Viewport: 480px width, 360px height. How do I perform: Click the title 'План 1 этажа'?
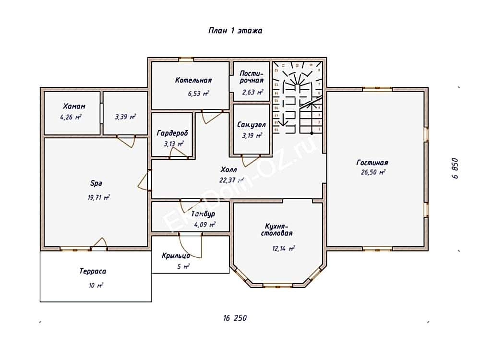pyautogui.click(x=235, y=30)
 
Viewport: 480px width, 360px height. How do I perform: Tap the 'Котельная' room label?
pyautogui.click(x=193, y=80)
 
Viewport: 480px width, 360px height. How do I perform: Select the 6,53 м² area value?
pyautogui.click(x=199, y=94)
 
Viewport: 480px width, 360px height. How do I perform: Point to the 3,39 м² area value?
pyautogui.click(x=125, y=116)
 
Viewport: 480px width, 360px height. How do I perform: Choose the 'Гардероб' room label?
pyautogui.click(x=172, y=133)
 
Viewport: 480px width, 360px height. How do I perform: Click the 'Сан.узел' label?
pyautogui.click(x=252, y=124)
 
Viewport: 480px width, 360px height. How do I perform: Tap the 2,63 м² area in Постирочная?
pyautogui.click(x=252, y=92)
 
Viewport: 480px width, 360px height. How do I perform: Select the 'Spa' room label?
pyautogui.click(x=97, y=183)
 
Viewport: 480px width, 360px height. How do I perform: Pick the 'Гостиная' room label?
pyautogui.click(x=372, y=162)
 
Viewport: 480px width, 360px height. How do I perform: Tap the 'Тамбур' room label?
pyautogui.click(x=203, y=214)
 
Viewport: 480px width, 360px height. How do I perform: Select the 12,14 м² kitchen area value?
pyautogui.click(x=284, y=248)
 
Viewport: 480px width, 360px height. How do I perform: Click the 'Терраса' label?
pyautogui.click(x=93, y=271)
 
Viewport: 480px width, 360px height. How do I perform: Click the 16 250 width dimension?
pyautogui.click(x=235, y=318)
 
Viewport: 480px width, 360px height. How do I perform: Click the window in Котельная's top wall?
pyautogui.click(x=186, y=60)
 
